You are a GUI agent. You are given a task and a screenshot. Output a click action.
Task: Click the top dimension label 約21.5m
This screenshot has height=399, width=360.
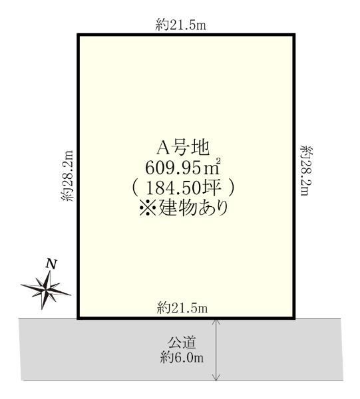tap(181, 25)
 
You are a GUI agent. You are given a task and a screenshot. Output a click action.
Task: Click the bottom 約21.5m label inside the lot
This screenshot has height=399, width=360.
tap(182, 308)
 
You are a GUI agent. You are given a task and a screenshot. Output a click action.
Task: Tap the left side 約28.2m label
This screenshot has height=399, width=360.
tap(67, 176)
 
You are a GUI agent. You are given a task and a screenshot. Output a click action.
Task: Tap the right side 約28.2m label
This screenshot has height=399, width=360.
tap(307, 170)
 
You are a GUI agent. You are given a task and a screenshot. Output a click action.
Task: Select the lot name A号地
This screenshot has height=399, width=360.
tap(183, 148)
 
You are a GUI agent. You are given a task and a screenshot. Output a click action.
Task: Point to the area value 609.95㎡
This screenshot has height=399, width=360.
tap(182, 168)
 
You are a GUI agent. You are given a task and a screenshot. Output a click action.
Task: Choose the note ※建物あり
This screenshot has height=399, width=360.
tap(183, 208)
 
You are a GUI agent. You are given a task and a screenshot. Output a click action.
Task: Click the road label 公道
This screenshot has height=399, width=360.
tap(182, 342)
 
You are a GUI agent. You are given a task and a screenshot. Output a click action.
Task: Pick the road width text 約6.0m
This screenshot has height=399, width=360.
tap(182, 358)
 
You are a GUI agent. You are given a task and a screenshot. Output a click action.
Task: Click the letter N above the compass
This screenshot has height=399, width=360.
tap(51, 264)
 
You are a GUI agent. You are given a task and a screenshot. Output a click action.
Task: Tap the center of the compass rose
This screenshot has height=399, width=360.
tap(46, 290)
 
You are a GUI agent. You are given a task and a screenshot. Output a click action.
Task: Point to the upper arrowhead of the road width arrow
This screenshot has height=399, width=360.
tap(216, 320)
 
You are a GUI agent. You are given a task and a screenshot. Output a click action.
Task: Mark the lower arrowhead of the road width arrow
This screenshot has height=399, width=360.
tap(216, 380)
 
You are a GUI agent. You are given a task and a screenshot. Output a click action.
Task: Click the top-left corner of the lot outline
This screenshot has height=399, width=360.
tap(79, 35)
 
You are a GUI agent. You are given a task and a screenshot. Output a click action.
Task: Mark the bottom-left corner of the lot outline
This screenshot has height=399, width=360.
tap(79, 318)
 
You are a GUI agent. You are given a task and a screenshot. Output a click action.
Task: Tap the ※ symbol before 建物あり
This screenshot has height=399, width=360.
tap(148, 209)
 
